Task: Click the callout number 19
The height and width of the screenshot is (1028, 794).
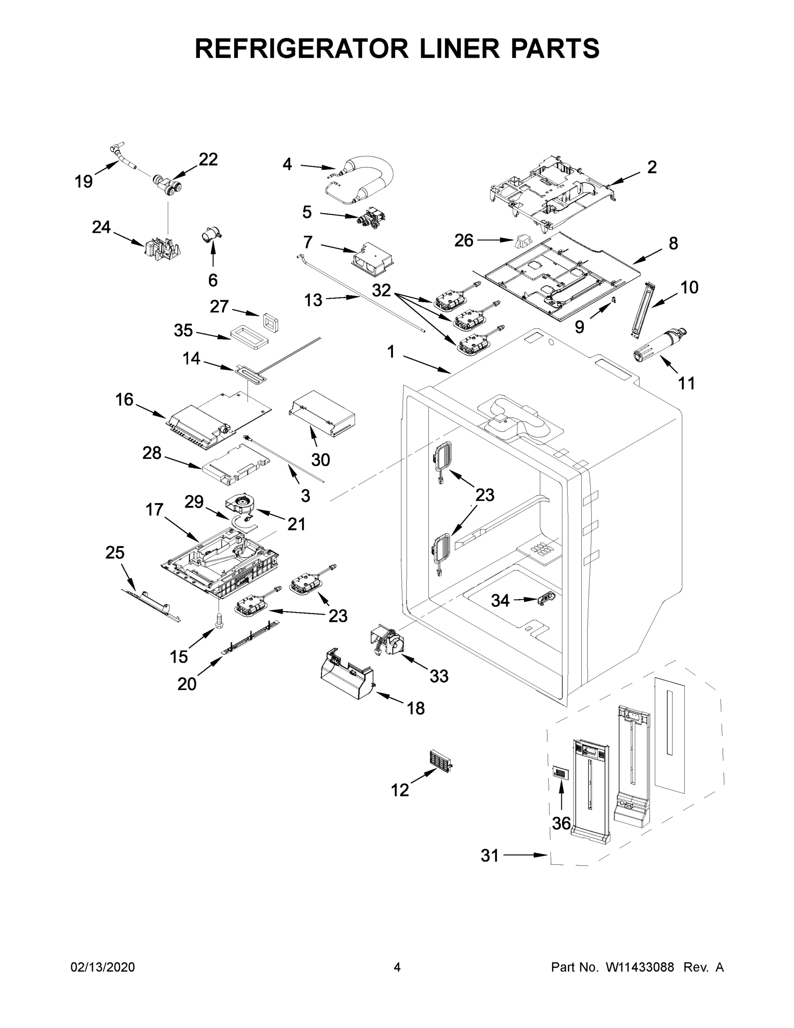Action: click(84, 181)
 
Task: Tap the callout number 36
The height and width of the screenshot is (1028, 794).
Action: click(561, 823)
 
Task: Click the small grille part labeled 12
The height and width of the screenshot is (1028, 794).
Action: click(440, 759)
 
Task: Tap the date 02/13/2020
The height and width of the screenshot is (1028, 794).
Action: click(103, 967)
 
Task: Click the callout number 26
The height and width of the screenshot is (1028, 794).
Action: click(464, 241)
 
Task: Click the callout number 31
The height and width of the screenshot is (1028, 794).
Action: click(490, 855)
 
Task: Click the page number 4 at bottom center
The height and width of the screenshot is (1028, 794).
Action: click(397, 967)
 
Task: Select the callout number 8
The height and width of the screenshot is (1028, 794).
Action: click(673, 243)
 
